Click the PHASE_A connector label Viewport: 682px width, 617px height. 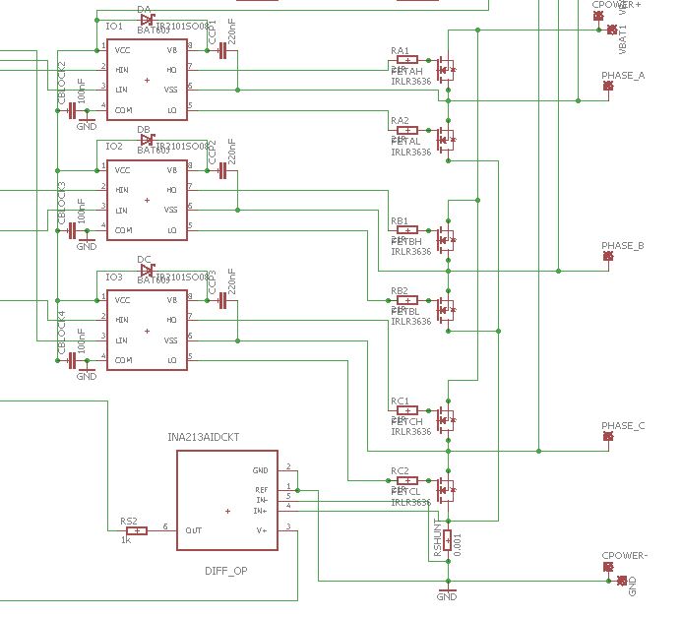pos(623,76)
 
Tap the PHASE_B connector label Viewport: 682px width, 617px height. pos(623,246)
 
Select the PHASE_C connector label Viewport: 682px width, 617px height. pos(623,426)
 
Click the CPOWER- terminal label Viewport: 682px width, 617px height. pos(624,556)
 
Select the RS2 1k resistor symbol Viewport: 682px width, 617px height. pos(136,531)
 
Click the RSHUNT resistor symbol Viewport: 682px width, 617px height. pos(448,539)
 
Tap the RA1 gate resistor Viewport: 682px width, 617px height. pos(406,59)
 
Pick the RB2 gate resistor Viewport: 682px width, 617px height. pos(406,300)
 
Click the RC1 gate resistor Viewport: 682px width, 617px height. pos(406,410)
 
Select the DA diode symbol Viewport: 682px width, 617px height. pos(148,19)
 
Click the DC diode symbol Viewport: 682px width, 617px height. pos(148,271)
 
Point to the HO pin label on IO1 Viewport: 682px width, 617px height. pos(172,69)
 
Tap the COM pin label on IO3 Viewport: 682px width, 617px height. pos(123,360)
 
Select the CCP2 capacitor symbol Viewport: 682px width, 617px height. pos(222,171)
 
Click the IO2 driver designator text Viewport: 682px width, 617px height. pos(114,146)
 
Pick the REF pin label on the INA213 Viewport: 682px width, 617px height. pos(261,489)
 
